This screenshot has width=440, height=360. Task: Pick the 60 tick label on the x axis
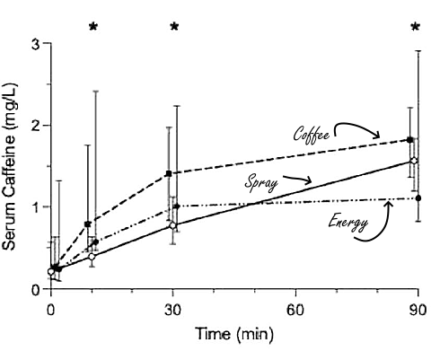pos(293,309)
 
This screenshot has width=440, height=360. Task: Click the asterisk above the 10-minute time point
pos(92,27)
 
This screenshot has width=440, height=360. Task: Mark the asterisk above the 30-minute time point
pos(174,27)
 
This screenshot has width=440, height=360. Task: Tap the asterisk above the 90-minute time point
pos(415,27)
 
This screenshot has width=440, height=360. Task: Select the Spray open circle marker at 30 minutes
pos(173,226)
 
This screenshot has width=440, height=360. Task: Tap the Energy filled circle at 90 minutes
pos(418,198)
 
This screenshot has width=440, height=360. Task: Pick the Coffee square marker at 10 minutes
pos(87,224)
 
